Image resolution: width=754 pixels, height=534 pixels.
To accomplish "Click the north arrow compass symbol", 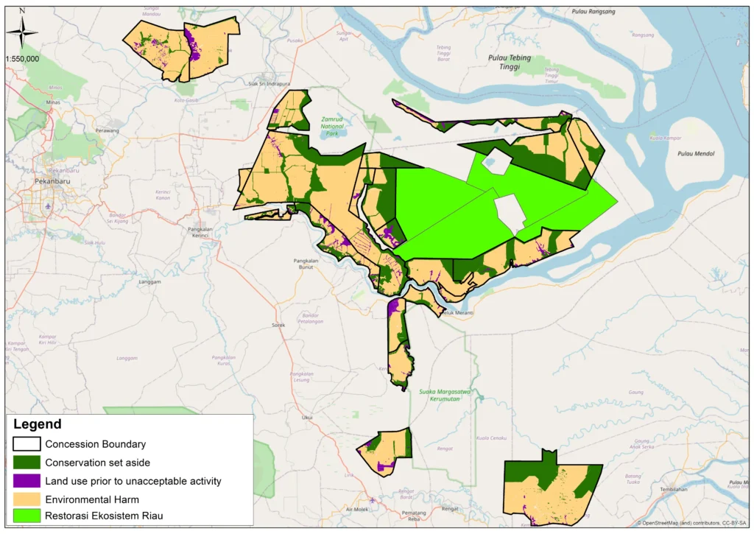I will point(22,30).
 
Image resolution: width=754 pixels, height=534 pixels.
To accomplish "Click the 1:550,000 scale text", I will point(22,58).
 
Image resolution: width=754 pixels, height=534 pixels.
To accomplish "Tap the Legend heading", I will point(37,425).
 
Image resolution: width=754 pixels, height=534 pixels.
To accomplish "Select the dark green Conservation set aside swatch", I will point(26,463).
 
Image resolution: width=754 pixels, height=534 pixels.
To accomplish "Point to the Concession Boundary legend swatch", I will point(26,444).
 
